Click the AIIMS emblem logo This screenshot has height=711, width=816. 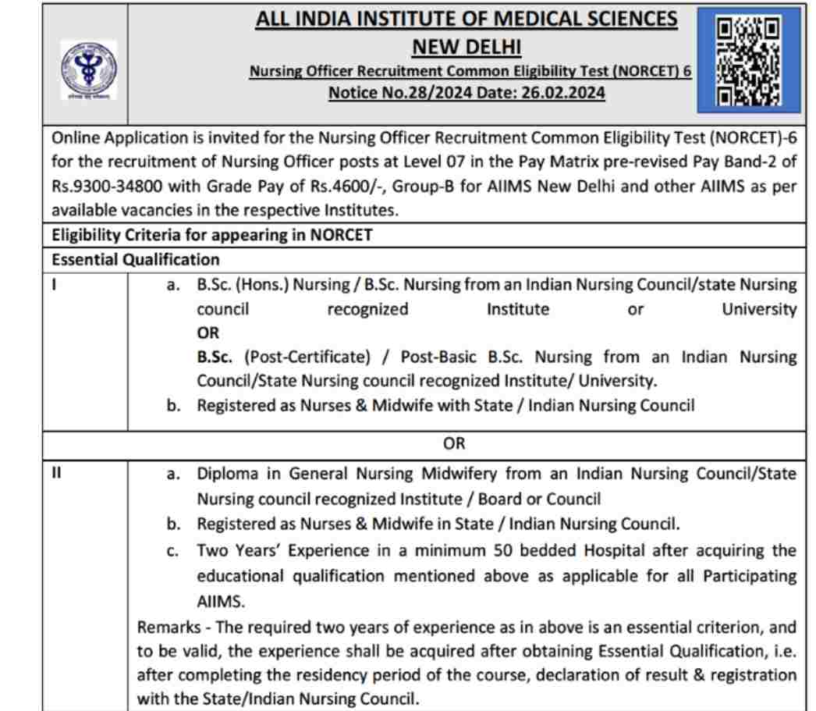pos(88,70)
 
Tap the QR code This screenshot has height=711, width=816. pos(747,62)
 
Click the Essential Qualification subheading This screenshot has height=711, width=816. pos(136,259)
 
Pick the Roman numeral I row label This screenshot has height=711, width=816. pos(55,284)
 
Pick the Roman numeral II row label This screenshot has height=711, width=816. pos(57,474)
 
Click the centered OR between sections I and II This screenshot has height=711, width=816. pos(453,443)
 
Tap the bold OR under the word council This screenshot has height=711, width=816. pos(208,333)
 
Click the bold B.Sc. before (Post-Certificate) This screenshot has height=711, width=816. pos(215,357)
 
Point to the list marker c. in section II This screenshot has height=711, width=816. pos(172,551)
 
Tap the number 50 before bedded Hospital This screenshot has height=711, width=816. pos(503,551)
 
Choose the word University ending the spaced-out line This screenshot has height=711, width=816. pos(758,309)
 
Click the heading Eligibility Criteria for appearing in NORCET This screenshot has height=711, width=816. pos(211,235)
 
